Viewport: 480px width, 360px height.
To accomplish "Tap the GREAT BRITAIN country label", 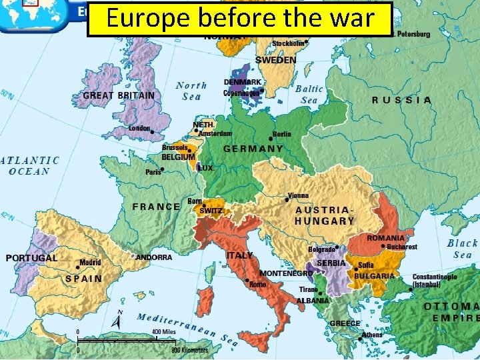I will (x=119, y=95).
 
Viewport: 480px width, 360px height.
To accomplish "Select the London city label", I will (x=139, y=128).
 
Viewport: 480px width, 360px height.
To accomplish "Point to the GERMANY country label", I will (x=253, y=149).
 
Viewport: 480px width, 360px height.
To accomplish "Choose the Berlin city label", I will (x=281, y=134).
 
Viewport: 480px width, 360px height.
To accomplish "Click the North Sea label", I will (x=191, y=91).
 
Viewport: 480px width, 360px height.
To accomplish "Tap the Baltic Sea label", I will (x=309, y=94).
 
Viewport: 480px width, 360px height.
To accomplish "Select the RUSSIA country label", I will (x=401, y=100).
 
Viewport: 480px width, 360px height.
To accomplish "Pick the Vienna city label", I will (x=298, y=196).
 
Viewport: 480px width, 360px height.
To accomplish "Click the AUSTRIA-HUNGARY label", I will (x=325, y=215).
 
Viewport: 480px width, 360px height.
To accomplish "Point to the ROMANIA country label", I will (x=385, y=238).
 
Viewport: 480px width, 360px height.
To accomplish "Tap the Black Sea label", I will (x=462, y=249).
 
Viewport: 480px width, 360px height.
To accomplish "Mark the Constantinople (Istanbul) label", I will (x=435, y=280).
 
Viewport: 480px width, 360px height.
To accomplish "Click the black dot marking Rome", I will (x=247, y=280).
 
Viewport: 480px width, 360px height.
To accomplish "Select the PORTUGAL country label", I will (x=31, y=258).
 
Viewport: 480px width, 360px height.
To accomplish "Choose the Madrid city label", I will (x=90, y=263).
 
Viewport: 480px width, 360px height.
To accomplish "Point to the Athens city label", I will (x=372, y=335).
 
